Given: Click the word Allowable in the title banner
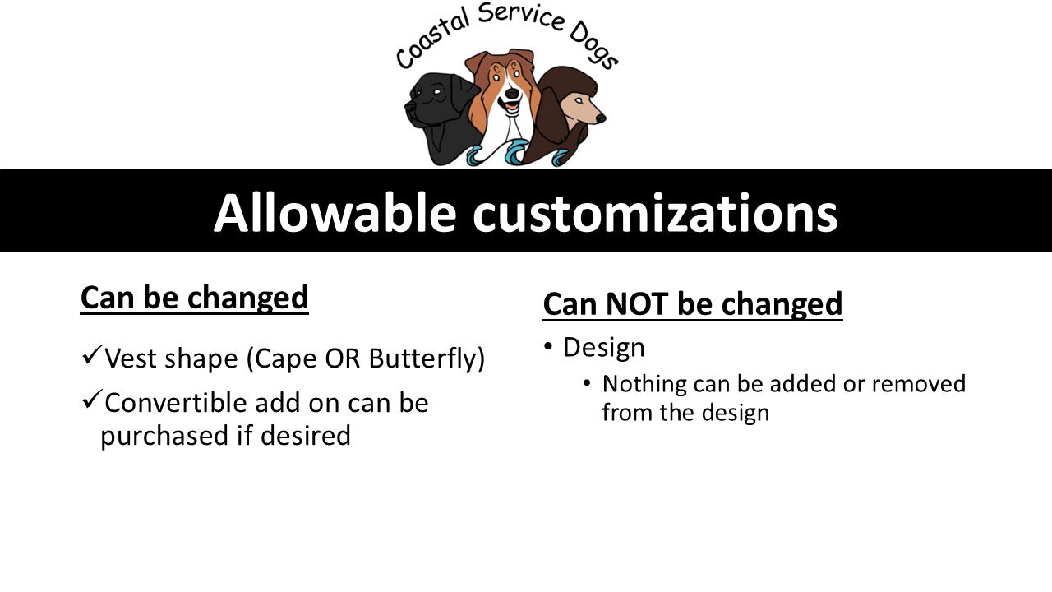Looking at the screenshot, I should tap(335, 212).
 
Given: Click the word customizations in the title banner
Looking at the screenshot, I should tap(654, 214).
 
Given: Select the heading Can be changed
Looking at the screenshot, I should tap(194, 298).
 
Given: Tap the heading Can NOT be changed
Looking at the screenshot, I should tap(692, 304).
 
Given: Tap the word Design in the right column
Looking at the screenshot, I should tap(603, 348).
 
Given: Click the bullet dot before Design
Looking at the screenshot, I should tap(548, 347).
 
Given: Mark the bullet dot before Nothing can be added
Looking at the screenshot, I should tap(587, 383).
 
